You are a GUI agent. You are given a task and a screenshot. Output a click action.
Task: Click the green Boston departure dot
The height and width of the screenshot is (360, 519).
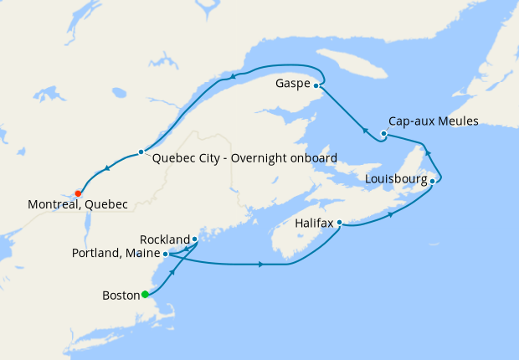point(145,294)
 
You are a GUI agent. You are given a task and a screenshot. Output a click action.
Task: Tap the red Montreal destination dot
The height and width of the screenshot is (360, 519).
point(78,193)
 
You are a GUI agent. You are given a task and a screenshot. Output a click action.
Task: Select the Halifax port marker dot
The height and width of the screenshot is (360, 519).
point(339,224)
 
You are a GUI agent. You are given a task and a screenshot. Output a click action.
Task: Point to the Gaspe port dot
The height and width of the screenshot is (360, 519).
point(316,85)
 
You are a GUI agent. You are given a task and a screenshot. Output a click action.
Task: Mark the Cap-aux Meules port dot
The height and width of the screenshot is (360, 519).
point(383,134)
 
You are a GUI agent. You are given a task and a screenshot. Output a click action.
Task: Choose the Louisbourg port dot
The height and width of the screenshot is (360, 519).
point(432,180)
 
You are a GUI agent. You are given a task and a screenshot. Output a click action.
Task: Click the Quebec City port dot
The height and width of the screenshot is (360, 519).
point(141,152)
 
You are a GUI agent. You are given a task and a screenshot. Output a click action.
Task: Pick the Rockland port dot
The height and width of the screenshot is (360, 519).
point(194,239)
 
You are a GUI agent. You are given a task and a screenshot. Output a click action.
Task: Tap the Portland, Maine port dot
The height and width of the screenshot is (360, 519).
point(166,253)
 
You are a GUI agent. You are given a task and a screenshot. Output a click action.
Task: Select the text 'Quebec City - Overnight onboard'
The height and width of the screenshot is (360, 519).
point(244,158)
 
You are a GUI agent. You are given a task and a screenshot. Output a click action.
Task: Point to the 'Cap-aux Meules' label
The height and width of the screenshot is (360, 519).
point(434,121)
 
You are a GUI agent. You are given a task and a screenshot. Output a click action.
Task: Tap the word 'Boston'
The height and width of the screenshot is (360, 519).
point(121,295)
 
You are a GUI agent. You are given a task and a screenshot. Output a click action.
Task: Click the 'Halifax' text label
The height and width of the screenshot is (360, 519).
point(315,224)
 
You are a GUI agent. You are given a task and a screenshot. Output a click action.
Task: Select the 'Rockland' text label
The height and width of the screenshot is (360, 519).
point(164,239)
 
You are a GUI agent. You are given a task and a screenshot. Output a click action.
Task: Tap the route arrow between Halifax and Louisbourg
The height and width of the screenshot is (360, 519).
point(392,214)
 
